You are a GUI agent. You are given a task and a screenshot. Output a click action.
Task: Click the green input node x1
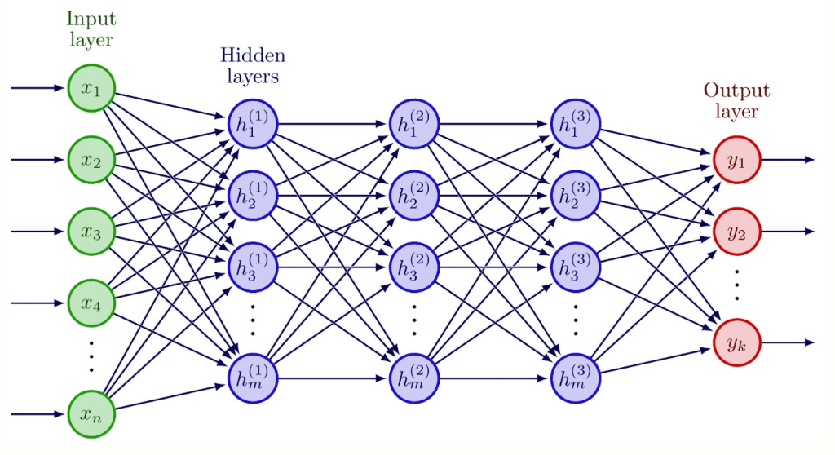tap(91, 88)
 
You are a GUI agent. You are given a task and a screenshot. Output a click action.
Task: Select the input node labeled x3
tap(91, 231)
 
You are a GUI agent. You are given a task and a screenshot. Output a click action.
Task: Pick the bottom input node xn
tap(91, 414)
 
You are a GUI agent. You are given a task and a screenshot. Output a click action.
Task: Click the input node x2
tap(91, 160)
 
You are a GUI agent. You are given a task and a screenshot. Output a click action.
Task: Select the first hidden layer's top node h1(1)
tap(253, 125)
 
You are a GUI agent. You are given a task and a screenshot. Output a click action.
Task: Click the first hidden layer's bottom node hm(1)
tap(253, 378)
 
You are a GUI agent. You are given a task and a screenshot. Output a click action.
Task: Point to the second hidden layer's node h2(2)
tap(414, 196)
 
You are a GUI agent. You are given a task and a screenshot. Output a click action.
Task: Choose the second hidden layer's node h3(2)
tap(414, 267)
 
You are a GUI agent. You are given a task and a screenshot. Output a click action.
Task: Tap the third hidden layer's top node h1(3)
tap(576, 125)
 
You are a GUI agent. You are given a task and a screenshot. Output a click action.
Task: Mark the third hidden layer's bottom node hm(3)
tap(576, 378)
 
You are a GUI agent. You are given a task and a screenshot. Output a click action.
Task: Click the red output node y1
tap(736, 160)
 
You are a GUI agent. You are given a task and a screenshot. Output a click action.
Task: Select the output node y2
tap(736, 231)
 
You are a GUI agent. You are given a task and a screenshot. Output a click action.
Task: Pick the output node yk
tap(736, 342)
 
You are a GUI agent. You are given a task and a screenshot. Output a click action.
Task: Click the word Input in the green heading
tap(91, 19)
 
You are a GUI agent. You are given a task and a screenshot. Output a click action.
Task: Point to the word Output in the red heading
tap(736, 91)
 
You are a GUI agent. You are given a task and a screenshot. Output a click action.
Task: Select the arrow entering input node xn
tap(38, 414)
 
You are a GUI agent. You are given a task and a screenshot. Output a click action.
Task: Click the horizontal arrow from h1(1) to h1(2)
tap(334, 125)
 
